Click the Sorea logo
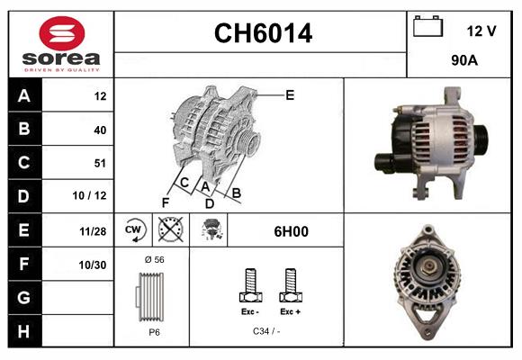61,45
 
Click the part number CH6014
263,34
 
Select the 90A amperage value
463,61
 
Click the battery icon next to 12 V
427,28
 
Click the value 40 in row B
99,130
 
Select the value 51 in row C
99,163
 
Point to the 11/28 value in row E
93,230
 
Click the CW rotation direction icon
135,230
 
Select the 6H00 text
291,231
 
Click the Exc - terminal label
249,311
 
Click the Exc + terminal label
289,311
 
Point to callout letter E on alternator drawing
290,94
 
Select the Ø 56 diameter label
153,259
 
